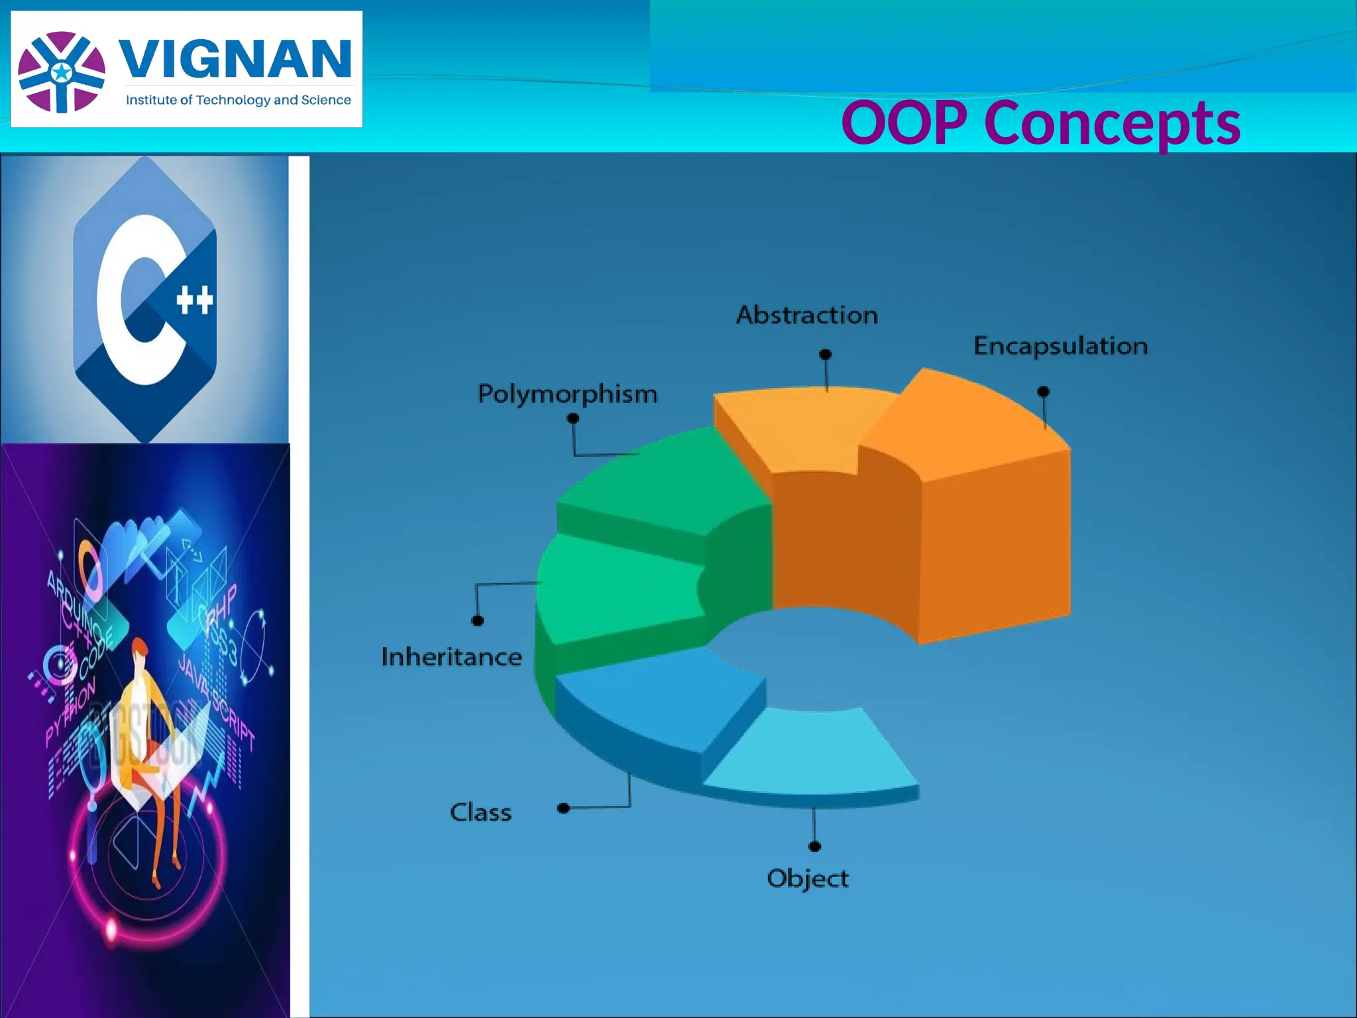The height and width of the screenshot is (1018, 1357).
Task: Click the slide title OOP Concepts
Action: (x=1040, y=123)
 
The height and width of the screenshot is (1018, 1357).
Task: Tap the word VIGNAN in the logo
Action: (x=235, y=60)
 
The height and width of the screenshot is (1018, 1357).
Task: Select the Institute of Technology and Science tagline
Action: (x=239, y=100)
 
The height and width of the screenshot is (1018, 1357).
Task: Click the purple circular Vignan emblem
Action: (x=62, y=72)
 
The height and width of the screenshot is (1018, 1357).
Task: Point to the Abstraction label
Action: (x=807, y=315)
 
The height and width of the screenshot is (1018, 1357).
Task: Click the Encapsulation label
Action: (x=1060, y=346)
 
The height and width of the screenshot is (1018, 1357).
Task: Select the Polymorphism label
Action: (x=568, y=394)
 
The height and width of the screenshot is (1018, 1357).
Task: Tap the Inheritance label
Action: (x=451, y=657)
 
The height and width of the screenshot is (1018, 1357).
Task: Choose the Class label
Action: (x=480, y=813)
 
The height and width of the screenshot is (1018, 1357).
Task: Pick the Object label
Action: (x=807, y=878)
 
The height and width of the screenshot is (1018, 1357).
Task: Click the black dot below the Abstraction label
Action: (x=825, y=355)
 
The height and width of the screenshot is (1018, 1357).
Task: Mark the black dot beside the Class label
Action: (x=563, y=808)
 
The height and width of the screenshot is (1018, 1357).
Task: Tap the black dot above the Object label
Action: (x=815, y=846)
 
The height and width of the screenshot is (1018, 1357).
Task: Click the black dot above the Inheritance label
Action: (x=477, y=620)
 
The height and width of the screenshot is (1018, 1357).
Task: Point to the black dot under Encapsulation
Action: (x=1043, y=392)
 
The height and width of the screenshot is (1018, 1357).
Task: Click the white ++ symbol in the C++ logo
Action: (x=195, y=300)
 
